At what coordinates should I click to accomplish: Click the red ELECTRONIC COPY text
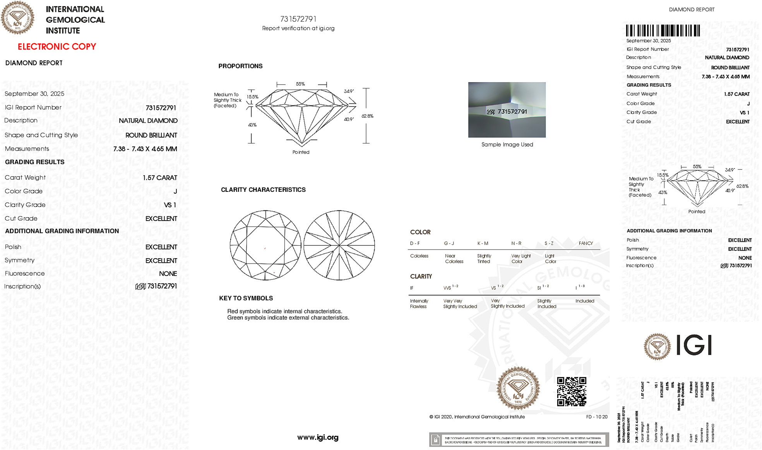point(57,47)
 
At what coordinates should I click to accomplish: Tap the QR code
point(571,391)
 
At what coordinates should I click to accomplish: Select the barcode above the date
point(663,31)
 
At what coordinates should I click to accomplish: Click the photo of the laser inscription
point(507,110)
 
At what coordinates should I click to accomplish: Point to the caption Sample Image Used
point(507,145)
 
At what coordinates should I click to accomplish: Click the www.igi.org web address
point(318,438)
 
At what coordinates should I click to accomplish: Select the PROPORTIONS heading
point(240,66)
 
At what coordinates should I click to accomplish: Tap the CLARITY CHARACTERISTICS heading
point(263,190)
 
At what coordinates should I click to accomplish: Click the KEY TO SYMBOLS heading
point(246,298)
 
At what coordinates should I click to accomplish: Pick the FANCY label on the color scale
point(586,243)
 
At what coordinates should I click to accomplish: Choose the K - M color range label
point(483,243)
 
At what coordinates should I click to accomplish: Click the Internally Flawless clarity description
point(418,304)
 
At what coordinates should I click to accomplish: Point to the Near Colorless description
point(454,259)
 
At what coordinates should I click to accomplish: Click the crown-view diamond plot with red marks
point(265,245)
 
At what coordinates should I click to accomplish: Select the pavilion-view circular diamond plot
point(339,245)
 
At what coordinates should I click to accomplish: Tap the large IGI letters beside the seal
point(694,345)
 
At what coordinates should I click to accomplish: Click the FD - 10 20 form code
point(596,417)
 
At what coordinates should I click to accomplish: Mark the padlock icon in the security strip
point(435,440)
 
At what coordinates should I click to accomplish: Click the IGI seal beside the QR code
point(518,388)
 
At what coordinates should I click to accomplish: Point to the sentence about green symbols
point(288,318)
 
